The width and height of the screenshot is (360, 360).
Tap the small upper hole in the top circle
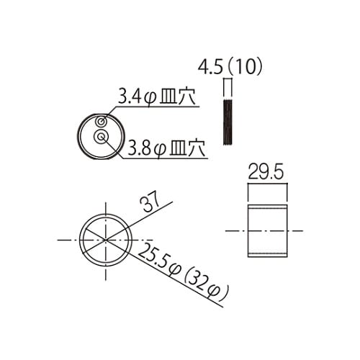pyautogui.click(x=102, y=122)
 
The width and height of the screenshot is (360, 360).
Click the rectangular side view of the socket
pyautogui.click(x=268, y=230)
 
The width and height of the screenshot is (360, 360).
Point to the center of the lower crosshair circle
pyautogui.click(x=106, y=238)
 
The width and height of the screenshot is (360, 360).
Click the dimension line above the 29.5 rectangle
pyautogui.click(x=268, y=185)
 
